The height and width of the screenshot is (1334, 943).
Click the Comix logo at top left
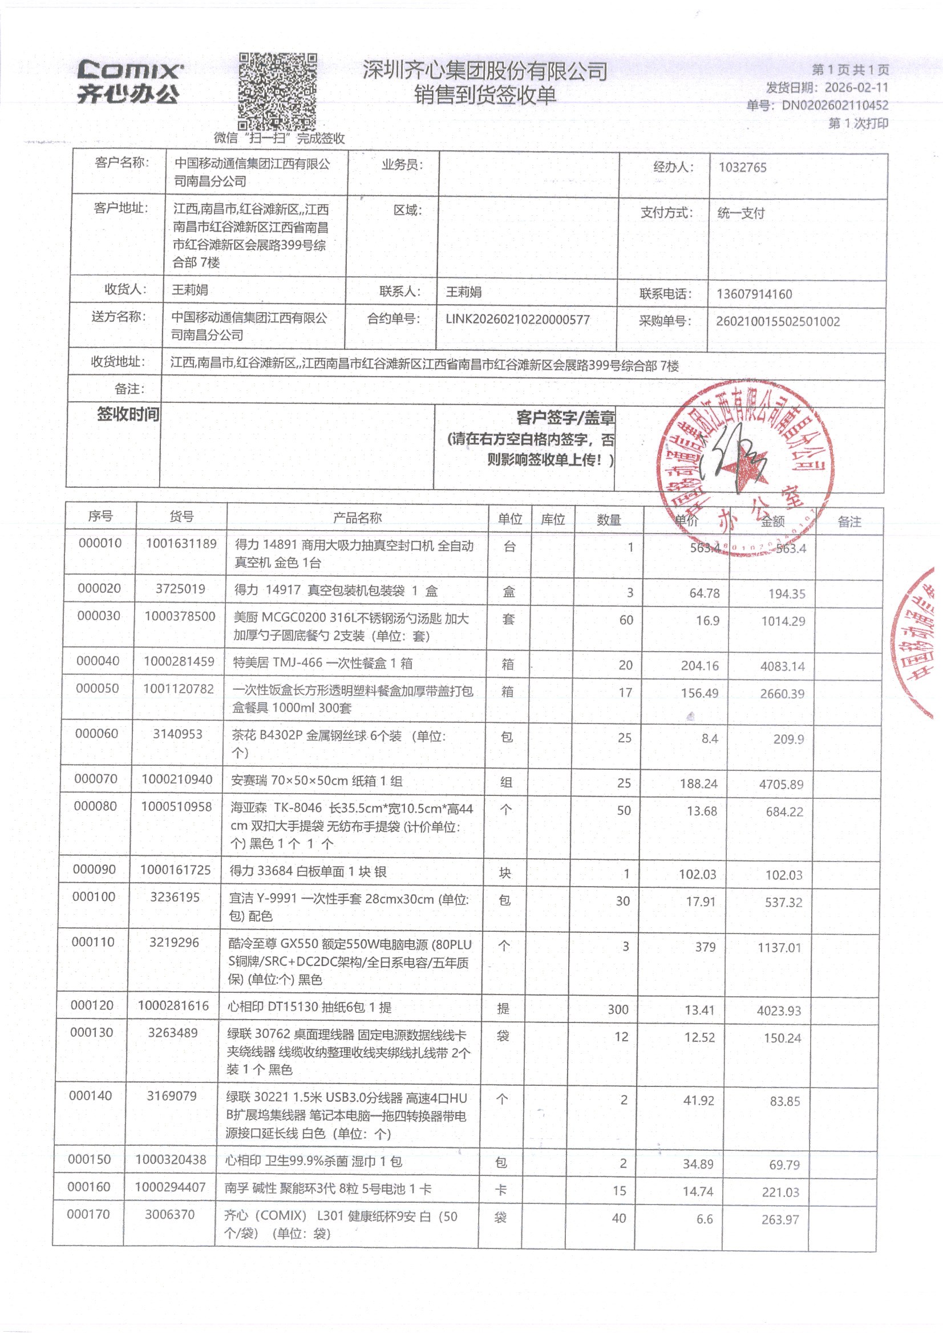click(129, 82)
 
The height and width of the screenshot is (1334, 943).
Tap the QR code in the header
click(277, 91)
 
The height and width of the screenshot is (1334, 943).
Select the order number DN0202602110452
click(835, 105)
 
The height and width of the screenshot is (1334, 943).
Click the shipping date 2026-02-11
click(856, 88)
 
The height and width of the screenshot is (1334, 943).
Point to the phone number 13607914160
click(754, 294)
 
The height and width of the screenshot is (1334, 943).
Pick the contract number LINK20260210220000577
click(517, 319)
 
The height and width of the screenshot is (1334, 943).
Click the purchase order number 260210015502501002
click(778, 321)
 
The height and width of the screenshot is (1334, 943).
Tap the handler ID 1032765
click(742, 167)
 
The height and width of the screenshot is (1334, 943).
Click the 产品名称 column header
click(357, 518)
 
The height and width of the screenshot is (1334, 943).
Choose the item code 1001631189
click(181, 544)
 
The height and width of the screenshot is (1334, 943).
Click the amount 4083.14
click(782, 666)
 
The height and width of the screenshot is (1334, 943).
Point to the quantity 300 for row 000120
click(618, 1009)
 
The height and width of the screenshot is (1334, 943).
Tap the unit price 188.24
click(698, 784)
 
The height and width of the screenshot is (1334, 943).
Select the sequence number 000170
click(88, 1214)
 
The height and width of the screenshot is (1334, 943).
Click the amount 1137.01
click(779, 948)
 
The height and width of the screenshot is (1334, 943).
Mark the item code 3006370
click(169, 1214)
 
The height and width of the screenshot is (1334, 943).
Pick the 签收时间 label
click(128, 414)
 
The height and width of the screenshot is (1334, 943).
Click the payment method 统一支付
click(741, 213)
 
